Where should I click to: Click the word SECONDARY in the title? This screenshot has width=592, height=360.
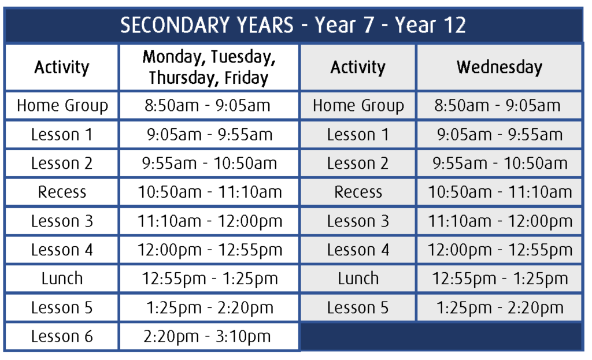207,25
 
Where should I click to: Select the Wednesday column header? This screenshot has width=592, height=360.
499,67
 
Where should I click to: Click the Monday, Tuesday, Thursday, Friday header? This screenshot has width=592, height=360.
209,67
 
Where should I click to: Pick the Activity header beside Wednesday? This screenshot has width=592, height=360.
358,67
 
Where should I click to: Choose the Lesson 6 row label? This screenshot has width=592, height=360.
62,336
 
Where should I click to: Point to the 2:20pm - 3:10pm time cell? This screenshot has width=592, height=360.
208,336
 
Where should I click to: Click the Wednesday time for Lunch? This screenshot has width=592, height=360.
499,279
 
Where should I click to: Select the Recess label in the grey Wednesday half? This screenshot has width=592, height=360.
358,192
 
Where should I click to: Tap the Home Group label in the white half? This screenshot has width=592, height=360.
62,106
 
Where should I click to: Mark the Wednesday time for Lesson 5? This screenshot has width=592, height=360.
499,307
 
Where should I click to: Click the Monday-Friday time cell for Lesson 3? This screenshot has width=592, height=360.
209,221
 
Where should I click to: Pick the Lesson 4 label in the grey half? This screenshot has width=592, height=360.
358,250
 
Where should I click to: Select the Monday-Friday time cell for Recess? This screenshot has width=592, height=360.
209,192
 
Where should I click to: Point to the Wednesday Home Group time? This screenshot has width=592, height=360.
497,105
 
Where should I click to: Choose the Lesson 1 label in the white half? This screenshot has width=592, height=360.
62,135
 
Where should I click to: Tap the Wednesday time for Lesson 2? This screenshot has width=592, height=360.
500,164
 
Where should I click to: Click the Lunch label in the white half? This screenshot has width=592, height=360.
62,279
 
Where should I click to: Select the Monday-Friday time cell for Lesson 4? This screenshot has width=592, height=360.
209,250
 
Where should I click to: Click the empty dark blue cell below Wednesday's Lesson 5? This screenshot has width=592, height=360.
441,337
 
